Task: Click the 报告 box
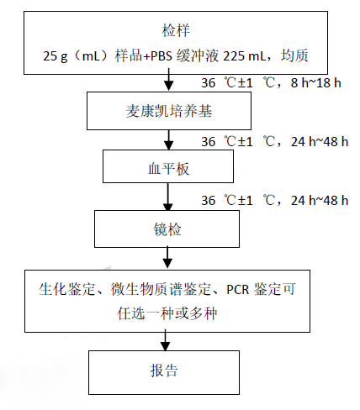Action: click(x=172, y=370)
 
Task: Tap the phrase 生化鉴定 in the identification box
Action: click(x=66, y=291)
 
